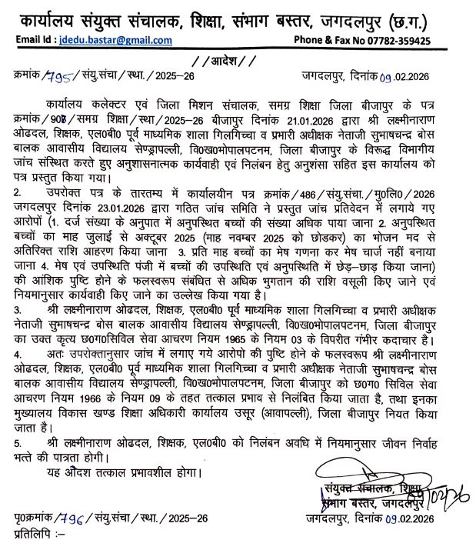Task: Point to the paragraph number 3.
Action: coord(18,308)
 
